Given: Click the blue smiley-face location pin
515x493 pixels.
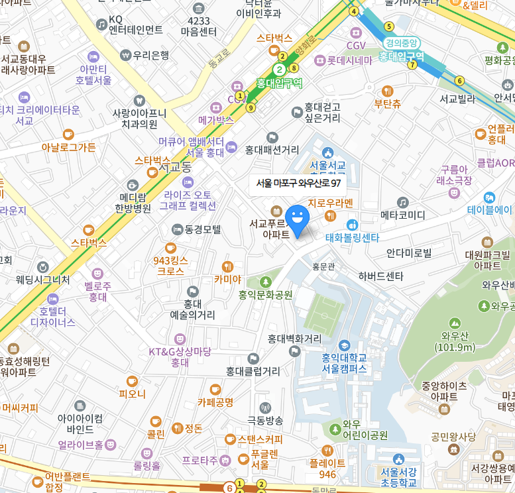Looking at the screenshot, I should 297,220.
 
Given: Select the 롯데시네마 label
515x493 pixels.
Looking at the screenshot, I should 349,60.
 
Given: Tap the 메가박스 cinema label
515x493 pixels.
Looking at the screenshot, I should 216,120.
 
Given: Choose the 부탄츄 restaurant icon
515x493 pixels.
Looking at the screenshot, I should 388,91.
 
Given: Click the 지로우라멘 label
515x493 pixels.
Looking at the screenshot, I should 330,203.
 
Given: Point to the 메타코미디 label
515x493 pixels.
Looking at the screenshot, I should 402,215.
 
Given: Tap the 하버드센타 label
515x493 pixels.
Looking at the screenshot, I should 380,276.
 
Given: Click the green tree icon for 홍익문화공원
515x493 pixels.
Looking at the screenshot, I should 266,282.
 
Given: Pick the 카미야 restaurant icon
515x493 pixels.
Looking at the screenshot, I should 227,266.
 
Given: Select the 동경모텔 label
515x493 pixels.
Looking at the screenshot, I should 202,229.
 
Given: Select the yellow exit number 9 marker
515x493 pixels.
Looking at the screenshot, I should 250,107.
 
